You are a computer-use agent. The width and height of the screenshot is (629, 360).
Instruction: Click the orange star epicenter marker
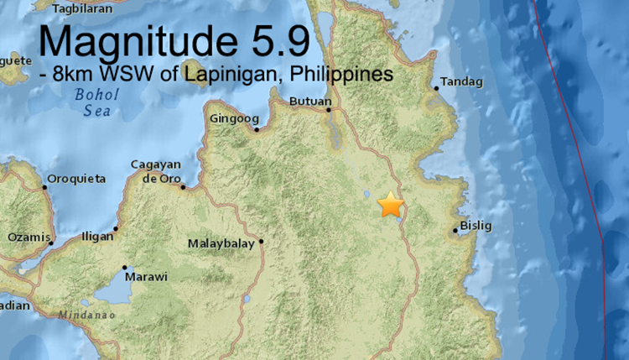(390, 205)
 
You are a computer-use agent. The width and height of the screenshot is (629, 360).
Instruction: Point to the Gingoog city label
(233, 118)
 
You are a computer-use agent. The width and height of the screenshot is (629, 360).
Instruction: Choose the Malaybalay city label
(224, 245)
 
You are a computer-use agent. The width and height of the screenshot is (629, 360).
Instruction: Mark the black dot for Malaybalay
(261, 242)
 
